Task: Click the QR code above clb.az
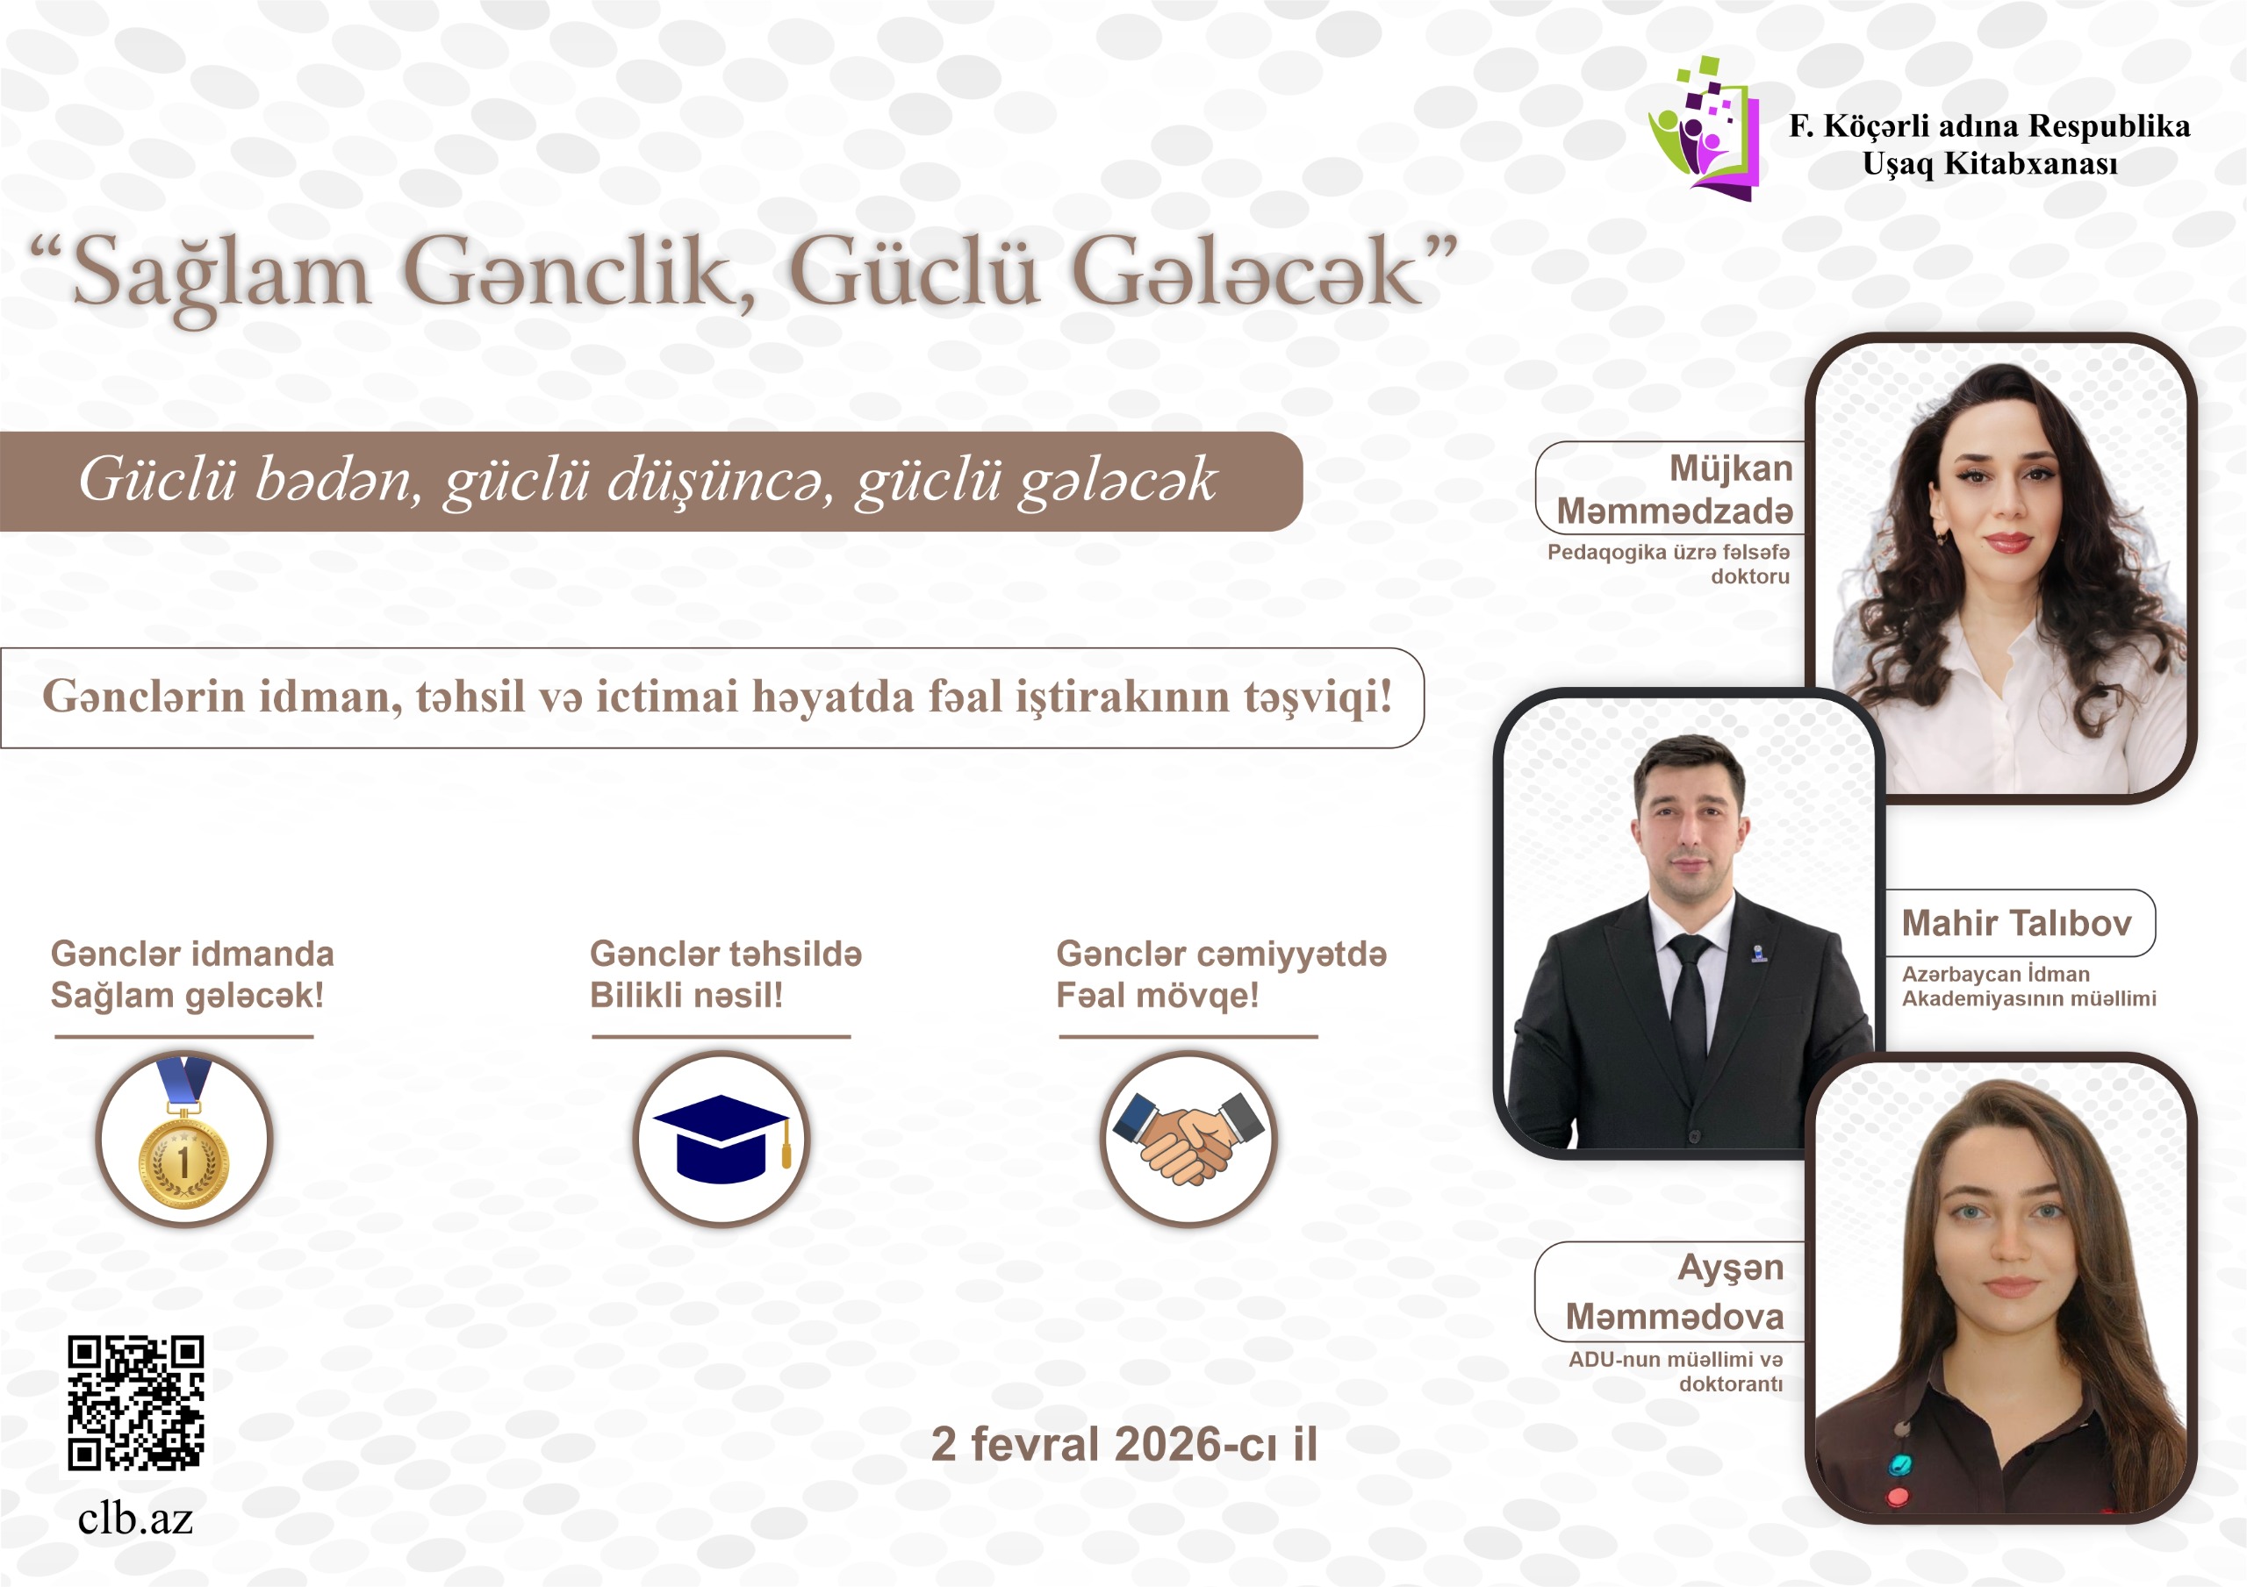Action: (x=136, y=1402)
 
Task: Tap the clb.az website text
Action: (x=136, y=1518)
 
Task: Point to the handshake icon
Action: (x=1189, y=1138)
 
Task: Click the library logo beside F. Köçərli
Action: (x=1704, y=128)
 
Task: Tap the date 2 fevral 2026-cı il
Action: (x=1124, y=1444)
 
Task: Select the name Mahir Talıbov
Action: (x=2016, y=923)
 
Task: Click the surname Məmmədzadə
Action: (x=1675, y=511)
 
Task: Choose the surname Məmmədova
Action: (x=1675, y=1316)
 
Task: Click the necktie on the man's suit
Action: (x=1689, y=1008)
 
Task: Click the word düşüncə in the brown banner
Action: (x=721, y=482)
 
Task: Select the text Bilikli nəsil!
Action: (x=686, y=995)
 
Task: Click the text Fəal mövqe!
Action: (x=1158, y=996)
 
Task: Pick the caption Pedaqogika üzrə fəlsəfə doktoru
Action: (x=1669, y=563)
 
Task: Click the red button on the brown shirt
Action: (x=1898, y=1497)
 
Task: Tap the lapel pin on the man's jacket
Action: (x=1759, y=952)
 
